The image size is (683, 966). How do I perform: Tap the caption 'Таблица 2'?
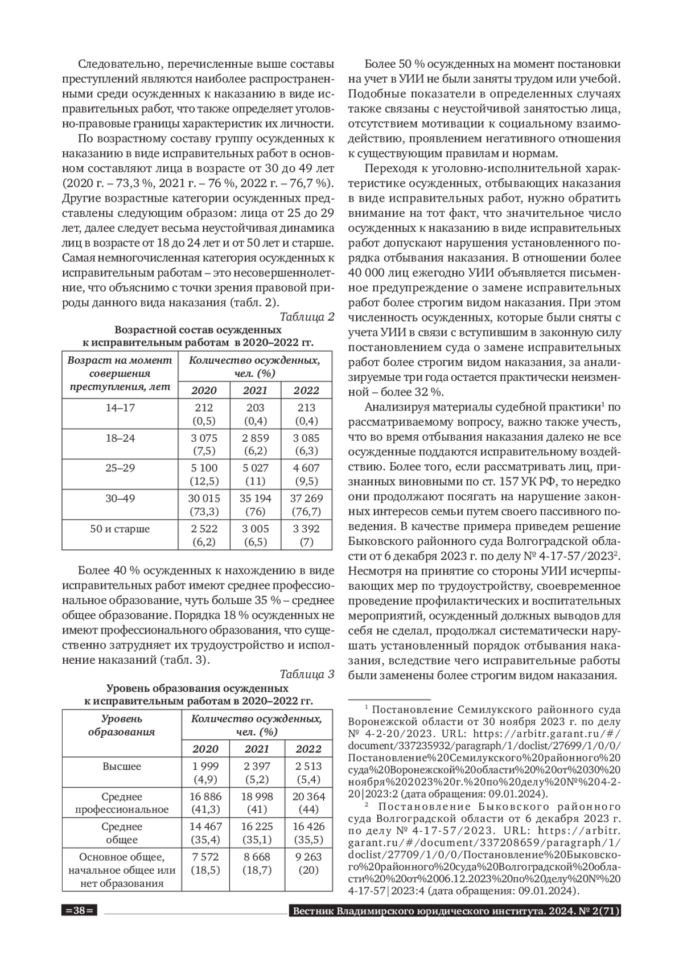coord(307,317)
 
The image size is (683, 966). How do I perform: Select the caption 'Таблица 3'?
coord(307,675)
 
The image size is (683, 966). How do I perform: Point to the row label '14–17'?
coord(120,408)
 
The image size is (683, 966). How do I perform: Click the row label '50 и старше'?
coord(120,529)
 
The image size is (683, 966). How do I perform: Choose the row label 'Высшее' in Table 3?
coord(122,766)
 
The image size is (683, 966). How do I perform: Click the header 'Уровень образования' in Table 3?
coord(122,726)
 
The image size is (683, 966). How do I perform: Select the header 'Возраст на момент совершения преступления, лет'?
coord(120,373)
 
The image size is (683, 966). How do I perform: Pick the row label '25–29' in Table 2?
coord(120,468)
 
